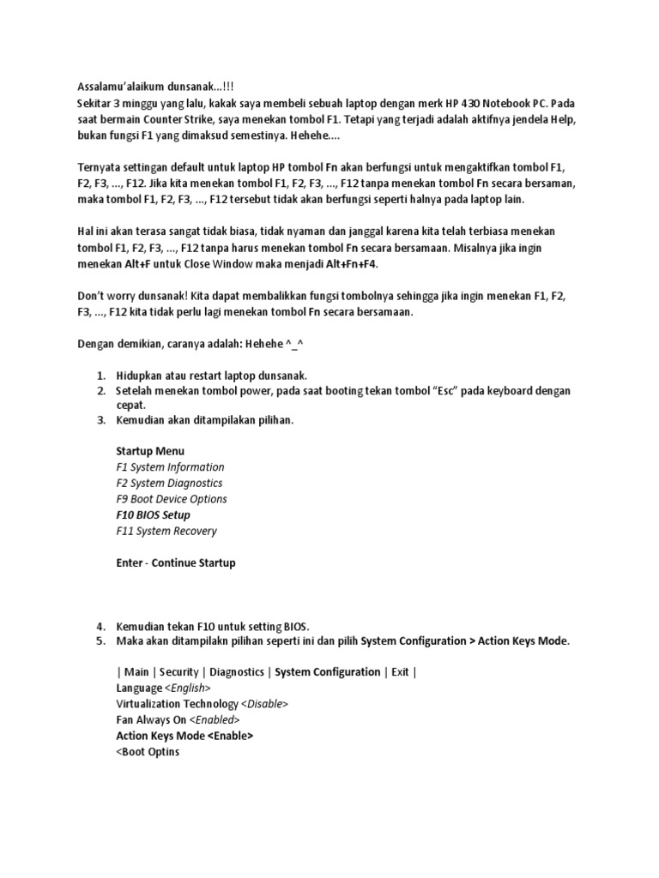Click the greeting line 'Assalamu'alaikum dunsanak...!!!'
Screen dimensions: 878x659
click(x=154, y=87)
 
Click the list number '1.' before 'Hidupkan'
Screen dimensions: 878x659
click(x=100, y=376)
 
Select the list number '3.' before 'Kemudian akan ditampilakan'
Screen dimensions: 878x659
click(x=100, y=420)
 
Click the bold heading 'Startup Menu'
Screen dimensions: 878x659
click(x=150, y=451)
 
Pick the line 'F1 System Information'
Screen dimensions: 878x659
click(x=170, y=467)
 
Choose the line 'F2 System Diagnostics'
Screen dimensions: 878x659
click(x=169, y=484)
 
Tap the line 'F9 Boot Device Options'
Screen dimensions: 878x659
click(x=172, y=499)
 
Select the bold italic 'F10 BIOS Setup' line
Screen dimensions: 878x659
click(x=153, y=515)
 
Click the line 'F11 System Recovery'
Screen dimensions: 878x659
click(x=166, y=532)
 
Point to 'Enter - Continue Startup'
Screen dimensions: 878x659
click(x=175, y=563)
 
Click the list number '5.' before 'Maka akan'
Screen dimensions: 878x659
click(x=100, y=641)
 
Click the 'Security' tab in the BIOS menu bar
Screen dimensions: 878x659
click(x=178, y=672)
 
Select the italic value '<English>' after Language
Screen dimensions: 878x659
click(x=188, y=689)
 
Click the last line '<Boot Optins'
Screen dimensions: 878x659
click(x=148, y=752)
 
